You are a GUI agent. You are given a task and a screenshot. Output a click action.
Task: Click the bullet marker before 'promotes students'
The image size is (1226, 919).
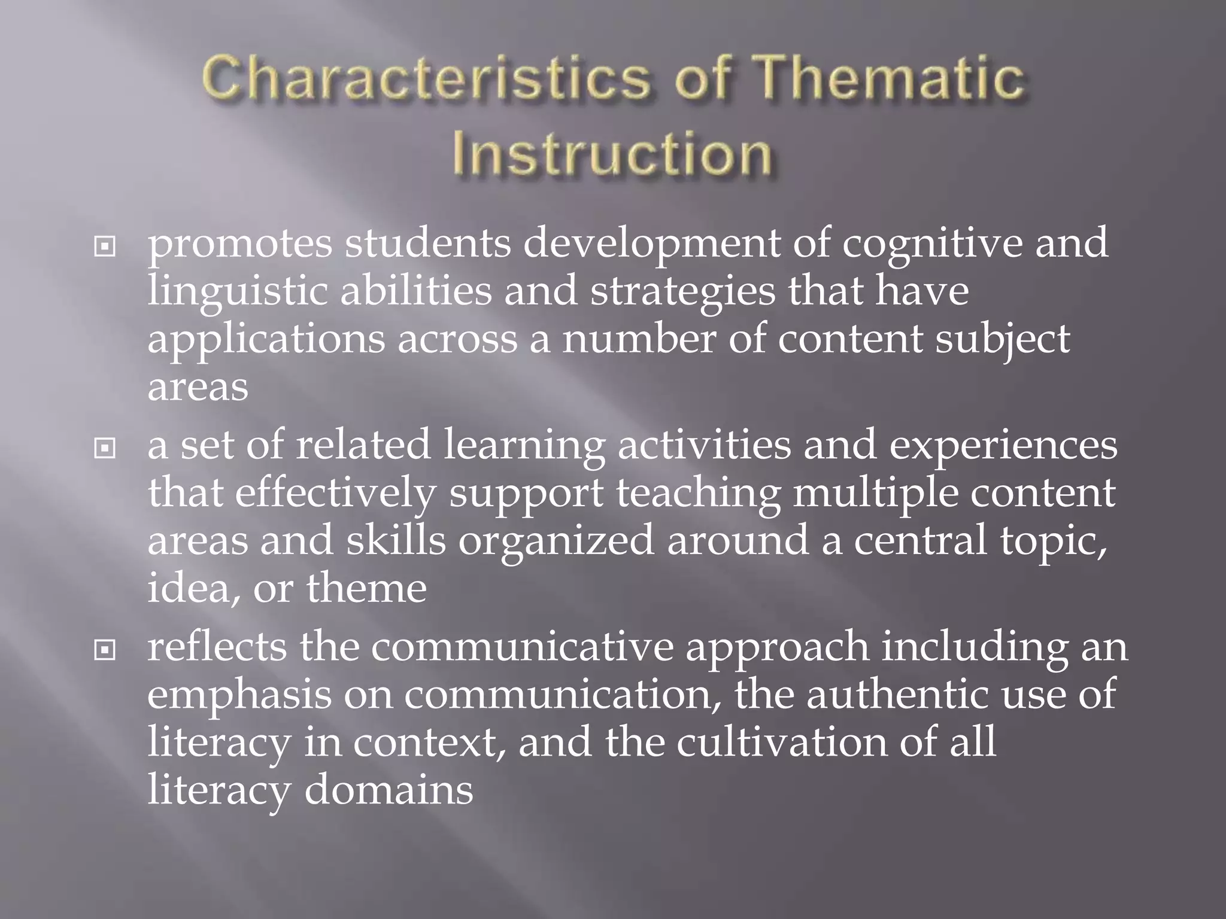pyautogui.click(x=105, y=246)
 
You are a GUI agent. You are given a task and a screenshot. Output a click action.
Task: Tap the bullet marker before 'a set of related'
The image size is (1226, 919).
pyautogui.click(x=105, y=448)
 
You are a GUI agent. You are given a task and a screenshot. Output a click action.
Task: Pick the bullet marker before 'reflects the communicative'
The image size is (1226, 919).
pyautogui.click(x=105, y=649)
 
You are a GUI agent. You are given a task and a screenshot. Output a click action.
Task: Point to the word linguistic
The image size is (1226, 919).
pyautogui.click(x=238, y=292)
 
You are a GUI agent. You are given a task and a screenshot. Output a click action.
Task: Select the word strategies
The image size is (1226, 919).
pyautogui.click(x=682, y=292)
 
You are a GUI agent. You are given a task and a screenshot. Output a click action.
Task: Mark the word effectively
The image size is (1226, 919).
pyautogui.click(x=335, y=494)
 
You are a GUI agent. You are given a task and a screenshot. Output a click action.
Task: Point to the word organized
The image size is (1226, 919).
pyautogui.click(x=556, y=541)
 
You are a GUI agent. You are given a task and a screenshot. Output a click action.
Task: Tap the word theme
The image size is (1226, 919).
pyautogui.click(x=366, y=588)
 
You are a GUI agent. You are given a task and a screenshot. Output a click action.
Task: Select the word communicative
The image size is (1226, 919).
pyautogui.click(x=522, y=648)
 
